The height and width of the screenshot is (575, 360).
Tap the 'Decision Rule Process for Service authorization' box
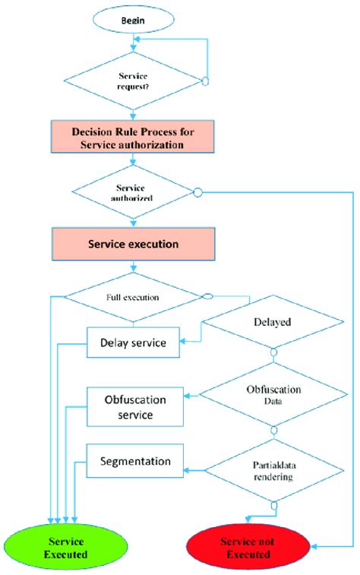[x=133, y=137]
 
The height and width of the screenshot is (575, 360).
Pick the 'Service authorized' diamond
[x=134, y=191]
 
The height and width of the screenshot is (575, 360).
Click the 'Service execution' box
[x=134, y=245]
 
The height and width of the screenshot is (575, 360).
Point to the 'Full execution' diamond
[x=134, y=297]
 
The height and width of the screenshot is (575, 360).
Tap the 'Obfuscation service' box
[x=134, y=406]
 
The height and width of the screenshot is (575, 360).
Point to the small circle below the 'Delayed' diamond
[x=274, y=352]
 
